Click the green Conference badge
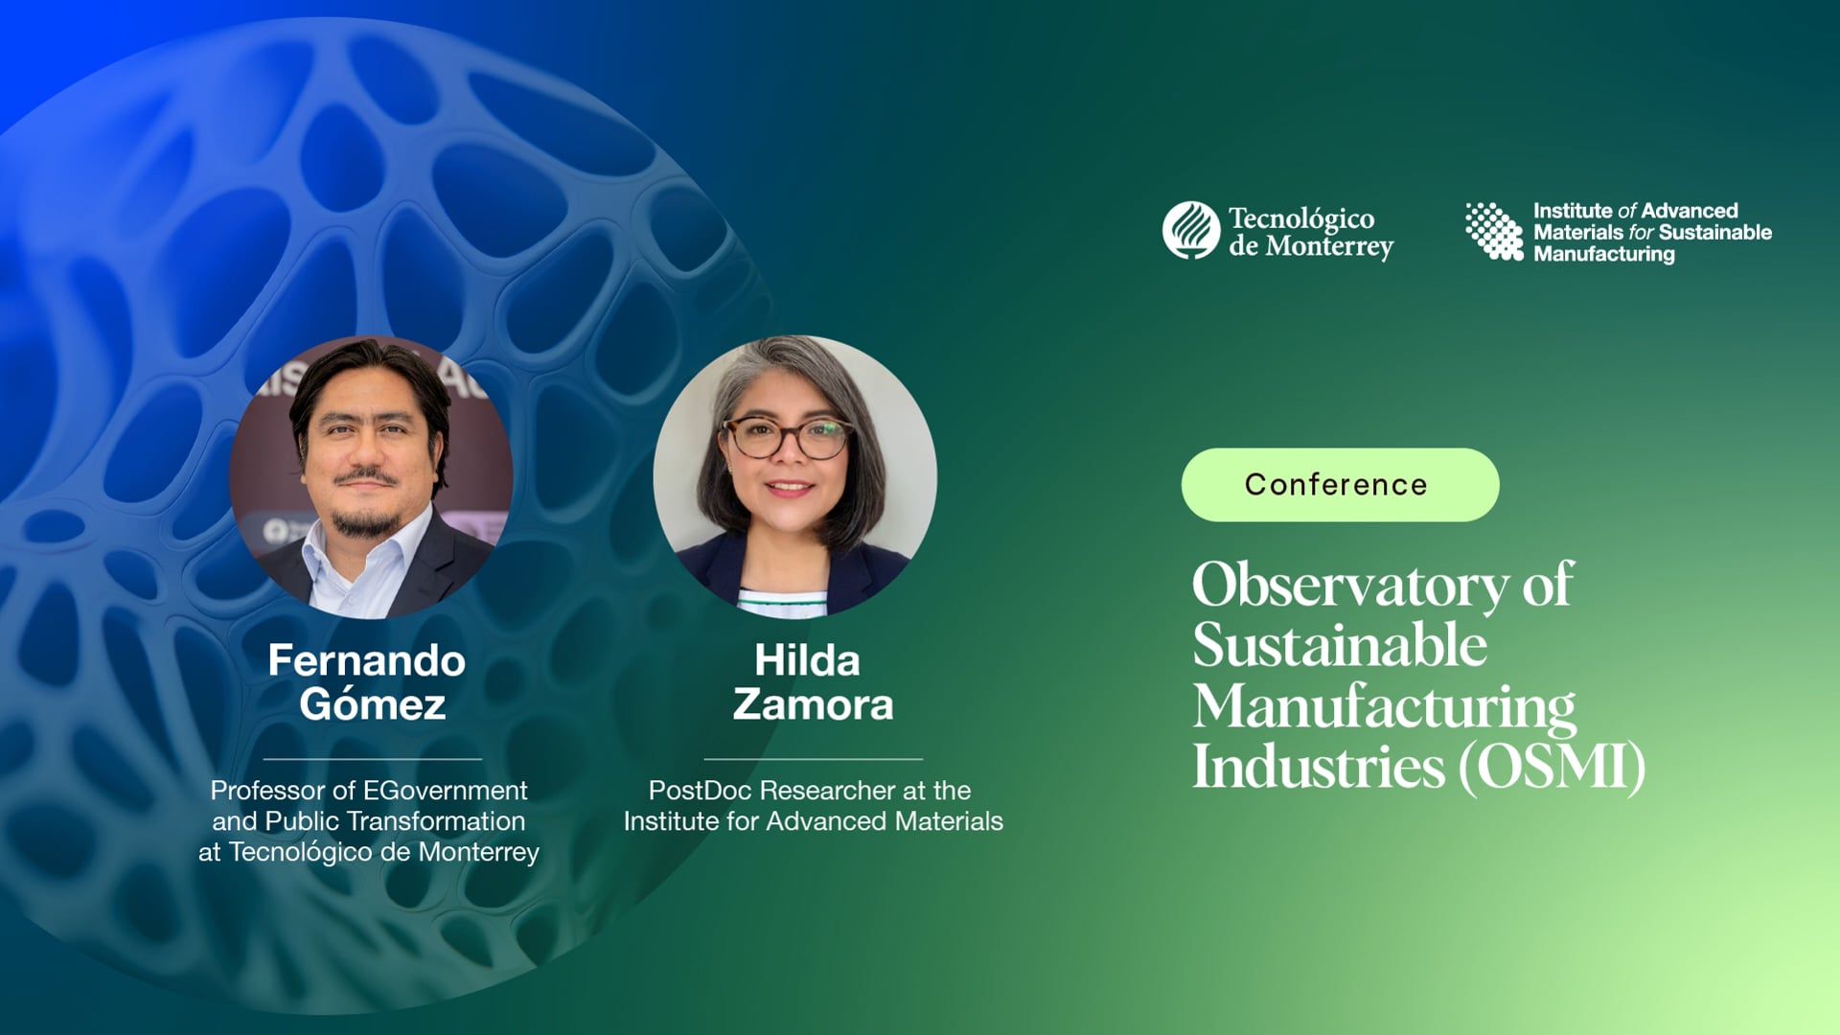point(1340,485)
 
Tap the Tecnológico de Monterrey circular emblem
point(1191,230)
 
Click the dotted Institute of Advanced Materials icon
point(1494,231)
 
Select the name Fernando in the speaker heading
point(366,660)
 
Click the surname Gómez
point(372,705)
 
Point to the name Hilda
point(807,660)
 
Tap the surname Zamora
point(813,705)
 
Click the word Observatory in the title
point(1349,585)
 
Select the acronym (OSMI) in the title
point(1552,767)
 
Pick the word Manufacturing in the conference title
point(1383,706)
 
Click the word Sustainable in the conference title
point(1339,645)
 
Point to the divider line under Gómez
point(372,759)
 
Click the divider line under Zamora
point(813,759)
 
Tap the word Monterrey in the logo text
point(1328,247)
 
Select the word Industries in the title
point(1318,767)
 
